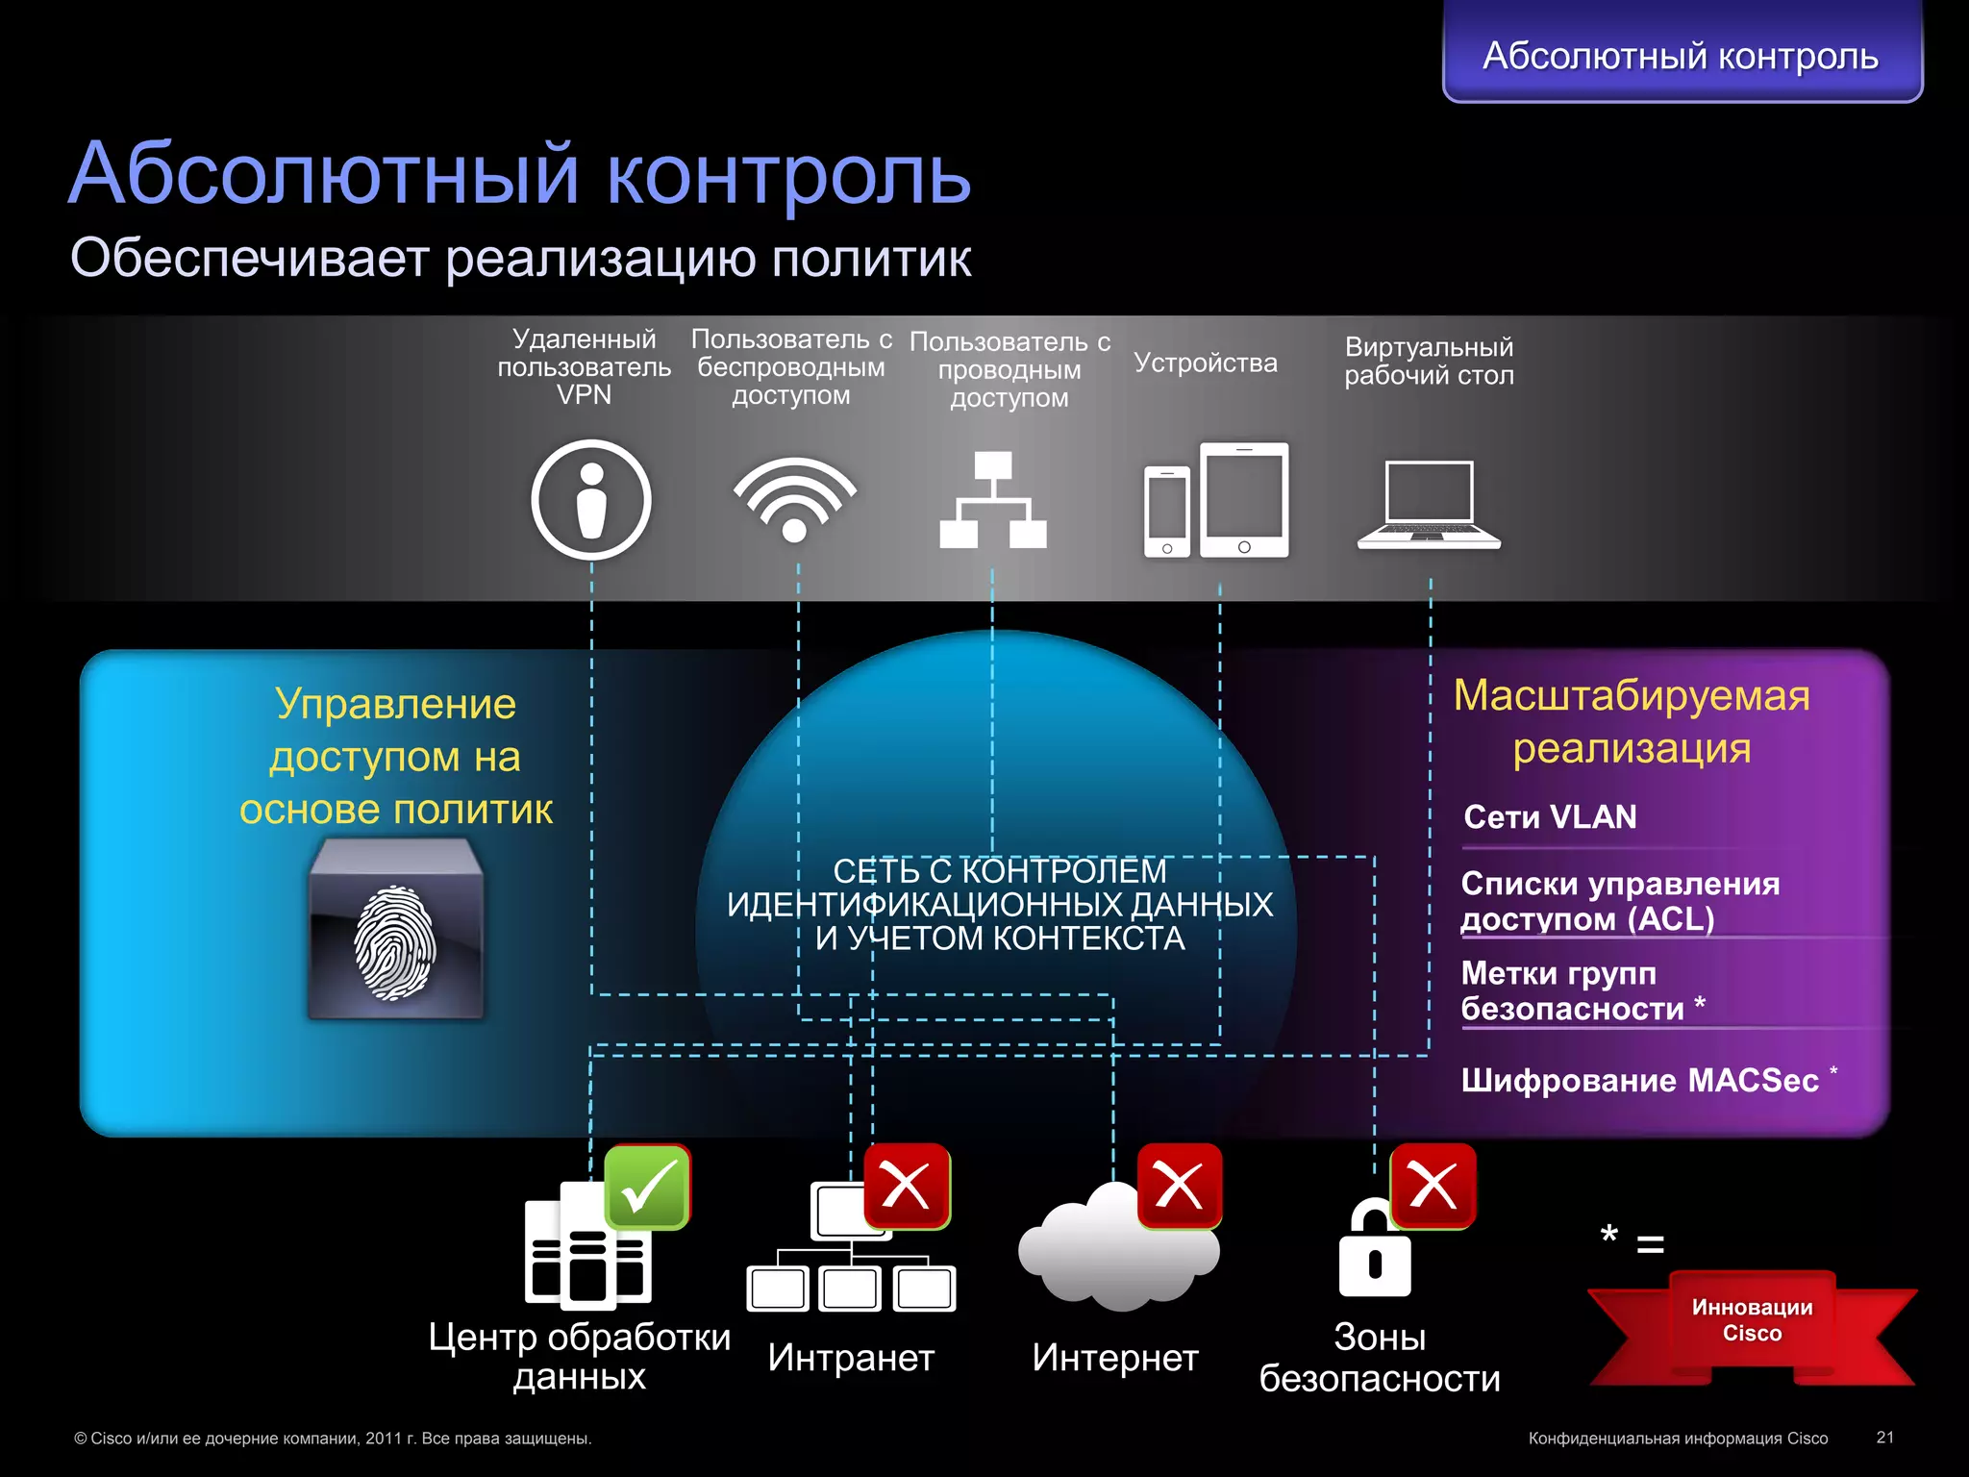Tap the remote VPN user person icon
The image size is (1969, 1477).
(591, 500)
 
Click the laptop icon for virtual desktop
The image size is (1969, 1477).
(1429, 505)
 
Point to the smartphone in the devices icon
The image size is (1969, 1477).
(1166, 512)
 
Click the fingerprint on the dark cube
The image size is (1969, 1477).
(395, 942)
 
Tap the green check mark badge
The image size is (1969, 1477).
(647, 1187)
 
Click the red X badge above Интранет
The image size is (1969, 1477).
(907, 1186)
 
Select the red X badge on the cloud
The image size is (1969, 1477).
(1180, 1186)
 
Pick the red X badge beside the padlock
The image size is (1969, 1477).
(1433, 1186)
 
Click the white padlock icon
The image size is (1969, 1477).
(1374, 1250)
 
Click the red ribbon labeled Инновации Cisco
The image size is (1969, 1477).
(1752, 1322)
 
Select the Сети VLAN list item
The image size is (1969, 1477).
(1550, 817)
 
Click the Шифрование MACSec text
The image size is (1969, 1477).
(1639, 1081)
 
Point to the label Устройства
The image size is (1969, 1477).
(1206, 363)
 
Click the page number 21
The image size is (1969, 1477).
(1884, 1438)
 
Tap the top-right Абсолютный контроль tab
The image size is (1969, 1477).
(1681, 55)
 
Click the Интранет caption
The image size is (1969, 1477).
(851, 1358)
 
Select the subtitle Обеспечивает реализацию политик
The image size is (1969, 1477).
(520, 259)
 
